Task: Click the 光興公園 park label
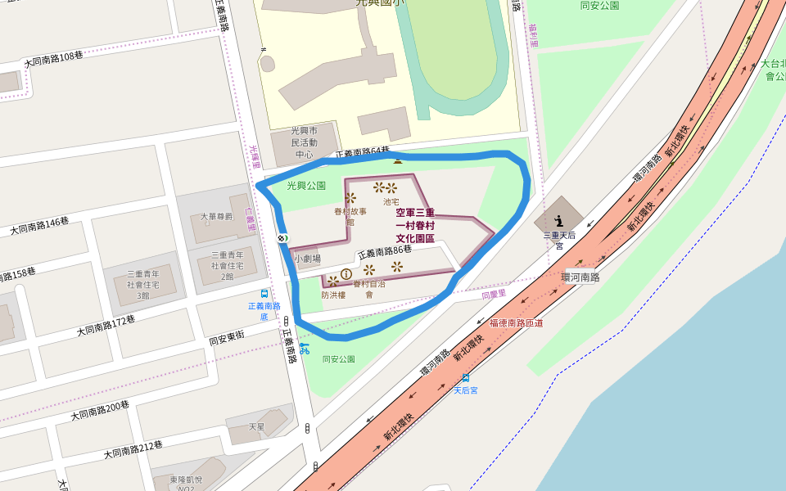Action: (x=306, y=186)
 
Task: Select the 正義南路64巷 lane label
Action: (x=363, y=153)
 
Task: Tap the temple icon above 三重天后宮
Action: (x=559, y=219)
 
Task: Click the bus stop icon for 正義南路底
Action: (x=264, y=293)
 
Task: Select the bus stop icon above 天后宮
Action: (x=466, y=377)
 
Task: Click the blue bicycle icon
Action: (x=305, y=349)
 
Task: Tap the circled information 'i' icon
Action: (x=346, y=273)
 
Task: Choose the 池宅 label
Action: (x=391, y=201)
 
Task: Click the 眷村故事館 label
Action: (x=350, y=216)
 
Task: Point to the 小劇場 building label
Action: (x=308, y=258)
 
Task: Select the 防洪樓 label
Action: (x=333, y=295)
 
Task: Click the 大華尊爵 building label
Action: (x=217, y=217)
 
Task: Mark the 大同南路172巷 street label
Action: (x=106, y=325)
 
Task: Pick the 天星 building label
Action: (x=257, y=426)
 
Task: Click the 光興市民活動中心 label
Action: (x=305, y=142)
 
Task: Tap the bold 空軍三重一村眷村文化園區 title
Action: (x=415, y=225)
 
